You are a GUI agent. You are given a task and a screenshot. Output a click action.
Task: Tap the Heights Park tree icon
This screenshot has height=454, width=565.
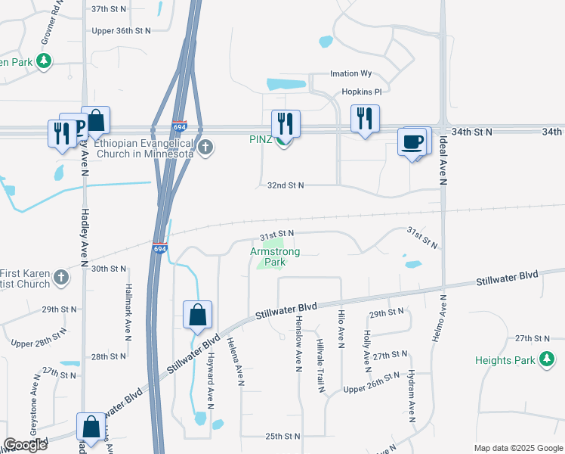pos(546,360)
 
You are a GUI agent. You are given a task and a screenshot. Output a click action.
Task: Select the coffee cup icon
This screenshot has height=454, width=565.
pos(412,141)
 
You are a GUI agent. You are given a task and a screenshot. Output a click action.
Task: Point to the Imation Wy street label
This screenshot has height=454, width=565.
pos(351,74)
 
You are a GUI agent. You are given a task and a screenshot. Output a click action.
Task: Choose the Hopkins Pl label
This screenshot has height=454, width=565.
pos(357,91)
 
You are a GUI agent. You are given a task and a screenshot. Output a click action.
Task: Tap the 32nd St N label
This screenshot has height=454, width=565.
pos(286,185)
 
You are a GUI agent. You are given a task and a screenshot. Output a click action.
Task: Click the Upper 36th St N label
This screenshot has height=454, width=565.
pos(121,31)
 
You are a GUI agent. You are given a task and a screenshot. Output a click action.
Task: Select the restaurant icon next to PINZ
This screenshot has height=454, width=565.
pos(286,123)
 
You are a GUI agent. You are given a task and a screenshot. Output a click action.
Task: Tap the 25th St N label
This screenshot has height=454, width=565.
pos(282,437)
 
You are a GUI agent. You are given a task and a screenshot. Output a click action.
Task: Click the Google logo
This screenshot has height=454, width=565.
pos(26,445)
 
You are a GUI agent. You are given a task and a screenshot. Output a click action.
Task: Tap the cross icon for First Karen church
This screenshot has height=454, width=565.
pos(60,278)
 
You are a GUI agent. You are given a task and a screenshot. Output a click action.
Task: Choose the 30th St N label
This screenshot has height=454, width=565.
pos(109,269)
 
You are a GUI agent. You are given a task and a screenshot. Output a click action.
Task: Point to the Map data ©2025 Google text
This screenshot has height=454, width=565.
pos(517,448)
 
